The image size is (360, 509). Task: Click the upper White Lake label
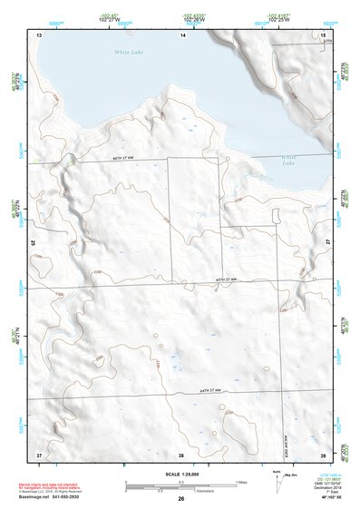point(130,53)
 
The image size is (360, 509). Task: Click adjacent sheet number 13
point(39,34)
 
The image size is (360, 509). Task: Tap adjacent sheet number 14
point(182,34)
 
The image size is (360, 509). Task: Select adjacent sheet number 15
point(323,34)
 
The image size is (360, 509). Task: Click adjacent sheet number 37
point(39,454)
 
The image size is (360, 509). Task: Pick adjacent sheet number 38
point(181,454)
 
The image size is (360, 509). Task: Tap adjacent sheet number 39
point(323,454)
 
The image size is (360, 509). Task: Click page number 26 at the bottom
point(181,500)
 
